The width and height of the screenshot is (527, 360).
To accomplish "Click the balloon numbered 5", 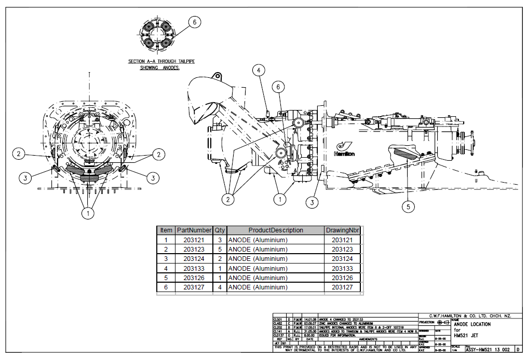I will click(x=409, y=206).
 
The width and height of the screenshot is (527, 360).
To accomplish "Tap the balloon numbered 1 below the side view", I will click(x=280, y=198).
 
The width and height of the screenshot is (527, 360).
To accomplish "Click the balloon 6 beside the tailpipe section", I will click(x=194, y=22).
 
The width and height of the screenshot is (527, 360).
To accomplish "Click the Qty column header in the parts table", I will click(x=220, y=230).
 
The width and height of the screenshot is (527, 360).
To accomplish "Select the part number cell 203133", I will click(x=193, y=268).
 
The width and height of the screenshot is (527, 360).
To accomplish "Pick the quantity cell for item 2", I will click(x=220, y=249).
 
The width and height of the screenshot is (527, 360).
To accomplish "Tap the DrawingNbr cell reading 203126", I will click(x=342, y=278).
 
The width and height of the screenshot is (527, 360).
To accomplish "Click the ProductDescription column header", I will click(x=275, y=230).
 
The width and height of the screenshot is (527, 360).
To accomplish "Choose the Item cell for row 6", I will click(x=166, y=287).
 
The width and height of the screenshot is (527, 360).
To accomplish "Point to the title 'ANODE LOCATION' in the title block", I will click(x=472, y=324).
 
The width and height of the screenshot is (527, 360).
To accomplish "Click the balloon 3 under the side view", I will click(x=312, y=202).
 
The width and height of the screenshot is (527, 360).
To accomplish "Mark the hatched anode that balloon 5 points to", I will click(x=405, y=153).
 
